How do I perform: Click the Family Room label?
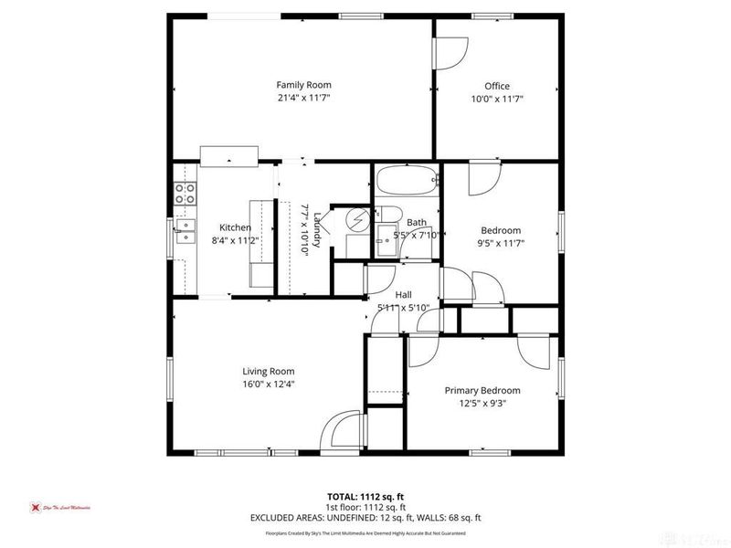click(303, 85)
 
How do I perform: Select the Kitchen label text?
click(235, 227)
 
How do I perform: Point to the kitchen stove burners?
click(185, 193)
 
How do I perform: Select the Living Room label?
click(268, 371)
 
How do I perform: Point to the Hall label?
click(403, 295)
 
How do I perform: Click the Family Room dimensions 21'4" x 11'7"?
click(303, 98)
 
